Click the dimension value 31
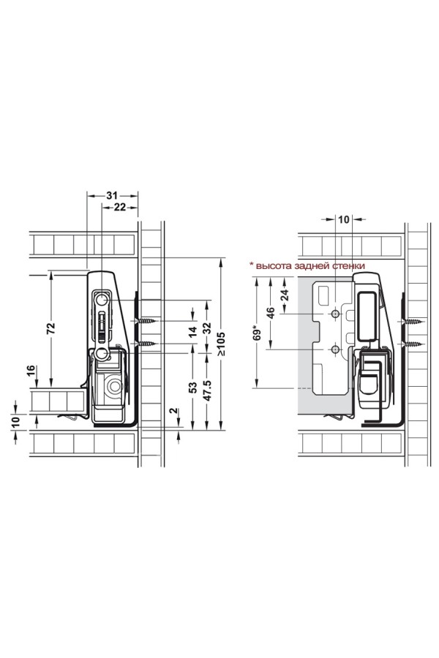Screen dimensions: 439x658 pyautogui.click(x=112, y=195)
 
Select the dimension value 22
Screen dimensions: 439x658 pyautogui.click(x=120, y=207)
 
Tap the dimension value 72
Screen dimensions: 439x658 pyautogui.click(x=50, y=328)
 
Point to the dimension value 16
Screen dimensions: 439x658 pyautogui.click(x=31, y=371)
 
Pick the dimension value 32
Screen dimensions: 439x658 pyautogui.click(x=207, y=328)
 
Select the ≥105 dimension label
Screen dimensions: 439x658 pyautogui.click(x=222, y=344)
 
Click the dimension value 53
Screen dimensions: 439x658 pyautogui.click(x=193, y=387)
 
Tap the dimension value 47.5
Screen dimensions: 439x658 pyautogui.click(x=207, y=390)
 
